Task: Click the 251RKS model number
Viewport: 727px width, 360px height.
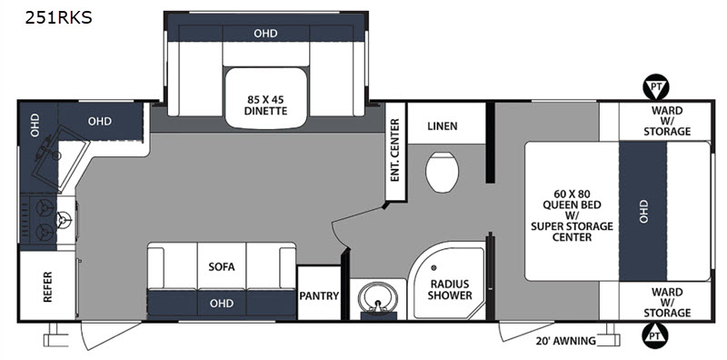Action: [59, 17]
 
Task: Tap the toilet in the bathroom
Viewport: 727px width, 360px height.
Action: [443, 172]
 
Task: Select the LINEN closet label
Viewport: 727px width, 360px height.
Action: [443, 125]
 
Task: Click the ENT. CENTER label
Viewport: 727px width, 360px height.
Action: [395, 150]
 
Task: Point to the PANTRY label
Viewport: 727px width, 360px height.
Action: [320, 295]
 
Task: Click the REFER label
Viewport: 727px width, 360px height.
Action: [47, 287]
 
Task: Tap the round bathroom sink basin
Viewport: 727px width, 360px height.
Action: [379, 299]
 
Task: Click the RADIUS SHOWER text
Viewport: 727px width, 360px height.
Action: [450, 289]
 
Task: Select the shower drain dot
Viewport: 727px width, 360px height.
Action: [434, 267]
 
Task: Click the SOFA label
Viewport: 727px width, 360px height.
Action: [222, 266]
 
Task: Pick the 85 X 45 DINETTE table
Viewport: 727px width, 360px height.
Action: [266, 98]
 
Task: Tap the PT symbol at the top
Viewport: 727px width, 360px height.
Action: [654, 87]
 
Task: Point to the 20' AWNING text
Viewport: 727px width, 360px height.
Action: [565, 341]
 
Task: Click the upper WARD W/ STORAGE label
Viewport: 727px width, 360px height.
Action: [667, 121]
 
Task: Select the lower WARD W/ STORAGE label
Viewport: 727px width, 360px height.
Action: [667, 302]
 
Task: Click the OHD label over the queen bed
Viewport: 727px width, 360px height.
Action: [643, 211]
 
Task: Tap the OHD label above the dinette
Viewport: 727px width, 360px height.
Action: [265, 34]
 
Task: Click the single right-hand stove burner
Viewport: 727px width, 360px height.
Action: [64, 219]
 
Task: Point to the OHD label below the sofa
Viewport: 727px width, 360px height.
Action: [221, 304]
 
